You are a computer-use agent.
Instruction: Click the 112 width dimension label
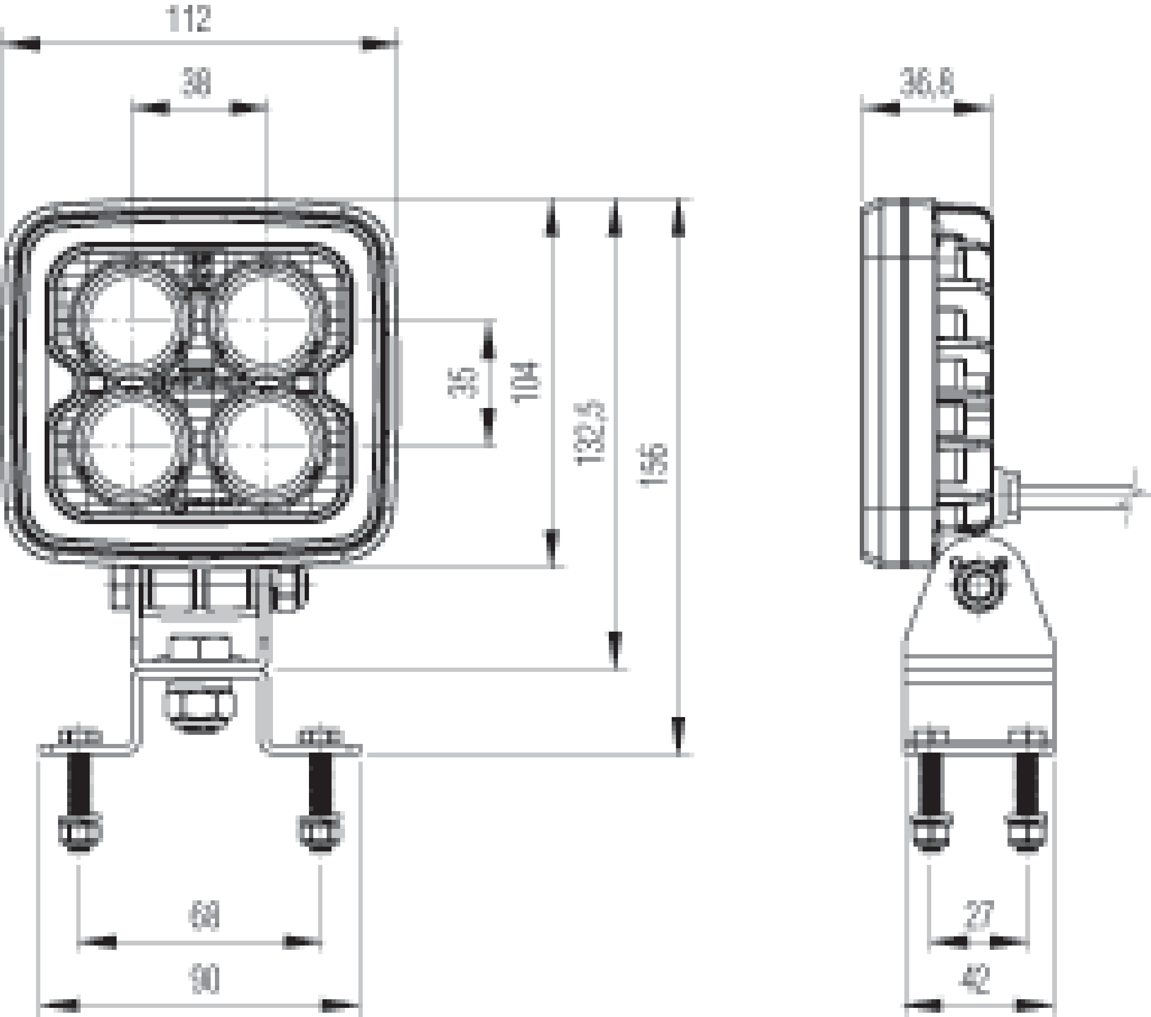click(x=189, y=20)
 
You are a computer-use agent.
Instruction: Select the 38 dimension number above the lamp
click(x=196, y=83)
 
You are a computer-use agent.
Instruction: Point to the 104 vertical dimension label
click(x=527, y=382)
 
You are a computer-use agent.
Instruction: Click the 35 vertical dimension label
click(x=463, y=383)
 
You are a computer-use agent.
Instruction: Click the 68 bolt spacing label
click(x=203, y=915)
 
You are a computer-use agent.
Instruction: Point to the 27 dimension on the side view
click(x=979, y=915)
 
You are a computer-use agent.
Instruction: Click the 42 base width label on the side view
click(x=978, y=981)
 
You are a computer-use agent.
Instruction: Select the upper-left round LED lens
click(x=131, y=319)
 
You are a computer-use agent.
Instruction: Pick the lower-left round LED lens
click(x=131, y=446)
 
